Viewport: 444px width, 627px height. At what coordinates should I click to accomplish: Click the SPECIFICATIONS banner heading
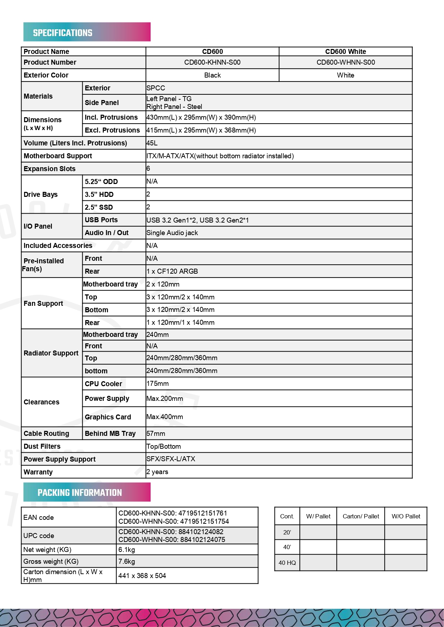(63, 33)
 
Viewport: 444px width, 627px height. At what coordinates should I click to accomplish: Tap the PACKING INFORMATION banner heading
(79, 493)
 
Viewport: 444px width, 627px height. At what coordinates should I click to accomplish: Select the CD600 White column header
(345, 51)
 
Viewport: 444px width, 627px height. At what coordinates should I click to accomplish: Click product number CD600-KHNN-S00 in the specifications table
(212, 63)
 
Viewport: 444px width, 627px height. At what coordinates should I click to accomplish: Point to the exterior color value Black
(212, 75)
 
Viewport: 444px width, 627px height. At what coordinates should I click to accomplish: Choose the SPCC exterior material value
(156, 88)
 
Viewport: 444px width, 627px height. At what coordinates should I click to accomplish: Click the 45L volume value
(152, 143)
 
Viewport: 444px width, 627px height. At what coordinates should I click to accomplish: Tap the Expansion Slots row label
(50, 169)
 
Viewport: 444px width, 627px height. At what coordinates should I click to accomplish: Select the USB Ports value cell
(197, 220)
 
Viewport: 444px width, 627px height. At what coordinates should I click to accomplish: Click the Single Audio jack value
(172, 233)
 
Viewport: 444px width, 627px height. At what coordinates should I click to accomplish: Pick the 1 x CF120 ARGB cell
(172, 272)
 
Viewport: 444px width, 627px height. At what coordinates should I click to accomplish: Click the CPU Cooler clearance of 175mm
(157, 384)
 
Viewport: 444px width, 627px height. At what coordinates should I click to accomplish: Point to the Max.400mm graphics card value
(165, 417)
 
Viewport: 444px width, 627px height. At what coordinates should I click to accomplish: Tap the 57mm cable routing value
(156, 434)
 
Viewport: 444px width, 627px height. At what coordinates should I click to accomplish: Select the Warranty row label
(38, 472)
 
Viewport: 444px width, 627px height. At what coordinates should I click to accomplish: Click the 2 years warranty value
(157, 472)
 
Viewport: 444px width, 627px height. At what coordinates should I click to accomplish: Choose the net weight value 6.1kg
(127, 550)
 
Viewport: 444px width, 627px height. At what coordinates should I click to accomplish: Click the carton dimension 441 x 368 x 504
(142, 576)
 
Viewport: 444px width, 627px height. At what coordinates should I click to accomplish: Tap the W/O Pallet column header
(406, 516)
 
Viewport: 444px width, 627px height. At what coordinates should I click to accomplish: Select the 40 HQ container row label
(287, 563)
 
